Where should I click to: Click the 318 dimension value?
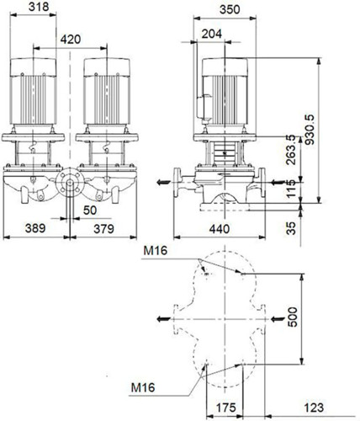pyautogui.click(x=39, y=7)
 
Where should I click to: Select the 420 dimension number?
pyautogui.click(x=71, y=40)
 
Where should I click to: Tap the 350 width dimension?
pyautogui.click(x=230, y=10)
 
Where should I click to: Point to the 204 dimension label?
pyautogui.click(x=212, y=34)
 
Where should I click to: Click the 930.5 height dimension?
pyautogui.click(x=310, y=129)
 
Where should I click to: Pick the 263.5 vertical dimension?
pyautogui.click(x=291, y=150)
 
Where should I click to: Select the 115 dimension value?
pyautogui.click(x=292, y=189)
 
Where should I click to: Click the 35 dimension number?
pyautogui.click(x=292, y=228)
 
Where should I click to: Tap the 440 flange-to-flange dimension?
pyautogui.click(x=220, y=229)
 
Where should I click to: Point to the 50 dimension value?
pyautogui.click(x=90, y=210)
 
